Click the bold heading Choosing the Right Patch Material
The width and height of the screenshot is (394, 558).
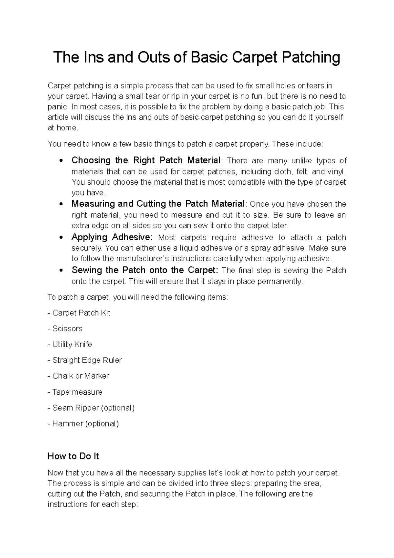[146, 160]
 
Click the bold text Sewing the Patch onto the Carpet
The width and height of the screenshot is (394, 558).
[144, 270]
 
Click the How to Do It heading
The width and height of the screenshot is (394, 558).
[73, 456]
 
